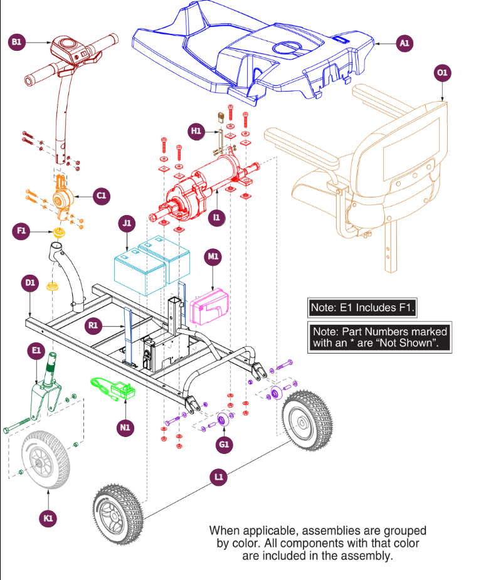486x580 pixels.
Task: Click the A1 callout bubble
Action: [x=404, y=43]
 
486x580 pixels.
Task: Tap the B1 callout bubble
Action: [x=16, y=42]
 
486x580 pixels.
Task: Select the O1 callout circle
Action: [x=442, y=73]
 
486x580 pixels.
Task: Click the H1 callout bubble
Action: [x=196, y=131]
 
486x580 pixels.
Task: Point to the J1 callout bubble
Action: [x=127, y=223]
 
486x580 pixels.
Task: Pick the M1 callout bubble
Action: [x=213, y=256]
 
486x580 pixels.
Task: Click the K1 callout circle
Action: [x=48, y=519]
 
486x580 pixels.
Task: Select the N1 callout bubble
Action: [x=125, y=428]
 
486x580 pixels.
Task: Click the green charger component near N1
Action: [x=116, y=391]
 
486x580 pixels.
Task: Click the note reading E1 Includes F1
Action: [x=362, y=308]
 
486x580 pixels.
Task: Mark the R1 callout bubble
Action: [x=93, y=325]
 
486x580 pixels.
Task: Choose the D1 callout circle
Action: [x=29, y=283]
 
